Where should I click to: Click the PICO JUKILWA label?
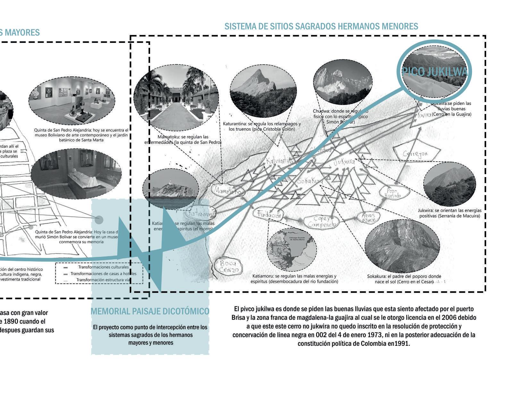coord(435,72)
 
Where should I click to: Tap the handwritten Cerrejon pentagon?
coord(416,154)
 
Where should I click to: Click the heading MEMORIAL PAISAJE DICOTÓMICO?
coord(150,311)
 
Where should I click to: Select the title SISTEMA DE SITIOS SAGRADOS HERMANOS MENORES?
coord(321,26)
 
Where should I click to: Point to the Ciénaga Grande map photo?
coord(291,250)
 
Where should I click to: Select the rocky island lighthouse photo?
coord(169,188)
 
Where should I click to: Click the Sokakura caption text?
coord(404,279)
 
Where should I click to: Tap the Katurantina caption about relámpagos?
coord(262,126)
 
